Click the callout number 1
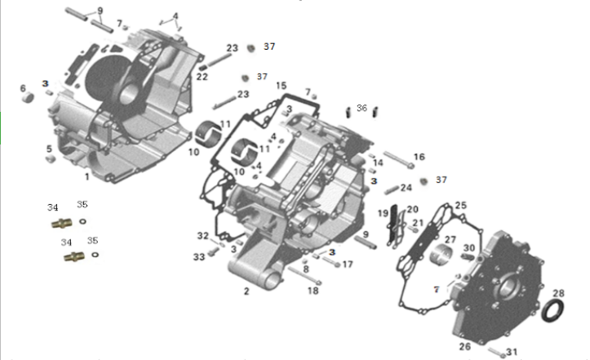click(87, 176)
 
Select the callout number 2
click(246, 290)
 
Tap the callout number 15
click(281, 86)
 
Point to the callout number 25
click(460, 205)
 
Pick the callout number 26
click(465, 346)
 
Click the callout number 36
click(362, 107)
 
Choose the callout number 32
click(202, 236)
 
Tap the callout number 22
click(202, 77)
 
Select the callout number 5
click(49, 149)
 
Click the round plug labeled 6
click(27, 98)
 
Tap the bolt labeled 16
click(392, 159)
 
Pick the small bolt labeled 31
click(496, 352)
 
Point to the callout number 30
click(469, 247)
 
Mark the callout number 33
click(199, 257)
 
